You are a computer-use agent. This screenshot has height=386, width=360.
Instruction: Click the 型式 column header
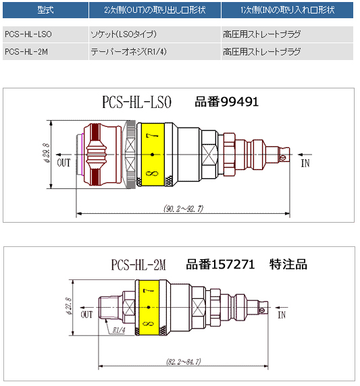(x=45, y=10)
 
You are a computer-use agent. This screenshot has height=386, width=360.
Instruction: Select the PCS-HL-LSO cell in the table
(x=45, y=34)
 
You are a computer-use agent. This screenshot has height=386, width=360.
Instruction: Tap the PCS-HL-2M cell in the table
(x=45, y=52)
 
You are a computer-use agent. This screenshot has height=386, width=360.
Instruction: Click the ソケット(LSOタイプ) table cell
(x=155, y=34)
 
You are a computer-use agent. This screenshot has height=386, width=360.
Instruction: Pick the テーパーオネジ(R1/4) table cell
(x=155, y=52)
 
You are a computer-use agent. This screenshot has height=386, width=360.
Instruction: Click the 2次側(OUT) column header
(x=155, y=10)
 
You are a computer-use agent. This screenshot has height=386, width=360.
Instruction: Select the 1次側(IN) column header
(x=287, y=10)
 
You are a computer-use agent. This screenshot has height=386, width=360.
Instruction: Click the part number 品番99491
(x=227, y=102)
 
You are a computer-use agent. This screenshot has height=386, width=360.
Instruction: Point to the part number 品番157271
(x=220, y=265)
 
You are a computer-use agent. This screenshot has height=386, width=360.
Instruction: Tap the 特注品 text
(x=288, y=265)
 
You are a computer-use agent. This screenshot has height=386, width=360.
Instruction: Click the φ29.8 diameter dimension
(x=47, y=153)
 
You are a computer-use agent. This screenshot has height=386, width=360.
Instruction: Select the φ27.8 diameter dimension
(x=69, y=306)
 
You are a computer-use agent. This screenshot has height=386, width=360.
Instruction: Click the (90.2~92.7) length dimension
(x=183, y=209)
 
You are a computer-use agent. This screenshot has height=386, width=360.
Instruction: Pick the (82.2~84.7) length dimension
(x=184, y=362)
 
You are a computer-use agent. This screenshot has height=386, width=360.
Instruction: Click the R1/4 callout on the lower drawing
(x=119, y=330)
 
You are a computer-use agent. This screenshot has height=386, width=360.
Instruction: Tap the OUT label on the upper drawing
(x=63, y=163)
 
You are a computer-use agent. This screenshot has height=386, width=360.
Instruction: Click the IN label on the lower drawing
(x=282, y=315)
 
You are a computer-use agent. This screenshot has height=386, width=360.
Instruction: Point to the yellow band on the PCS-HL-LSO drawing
(x=153, y=155)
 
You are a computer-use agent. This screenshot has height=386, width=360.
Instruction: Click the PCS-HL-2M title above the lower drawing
(x=138, y=265)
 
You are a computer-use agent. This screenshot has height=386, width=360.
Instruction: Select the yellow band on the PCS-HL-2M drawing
(x=149, y=308)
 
